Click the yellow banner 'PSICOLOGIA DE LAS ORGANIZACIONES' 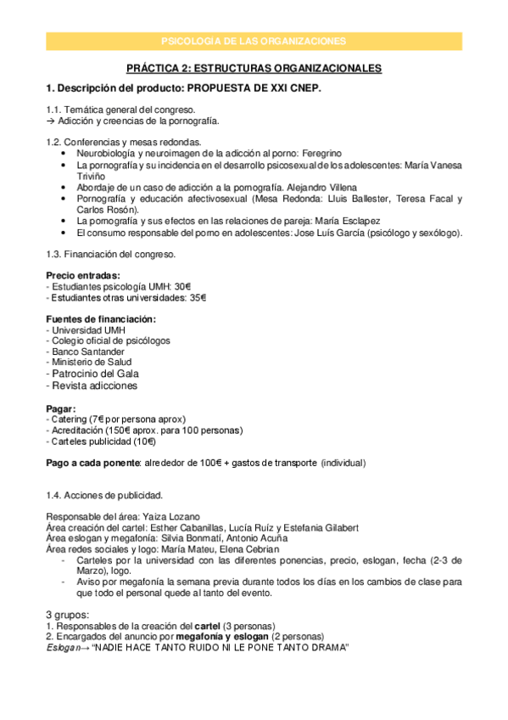[x=254, y=41]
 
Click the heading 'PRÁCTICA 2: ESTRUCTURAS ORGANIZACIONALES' [x=254, y=68]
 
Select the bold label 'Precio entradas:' [x=82, y=276]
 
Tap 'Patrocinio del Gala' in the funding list [x=96, y=374]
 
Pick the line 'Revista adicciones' [x=94, y=385]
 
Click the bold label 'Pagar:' [x=61, y=408]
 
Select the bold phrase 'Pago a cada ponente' [x=92, y=464]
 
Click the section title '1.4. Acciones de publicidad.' [x=103, y=495]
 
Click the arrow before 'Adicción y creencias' [x=50, y=121]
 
